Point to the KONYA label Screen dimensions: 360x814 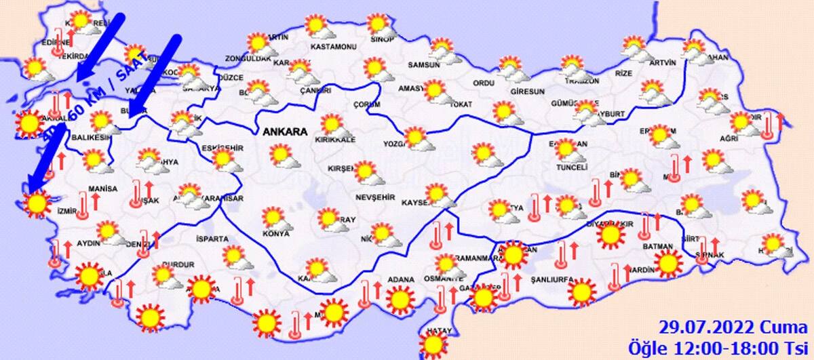point(275,235)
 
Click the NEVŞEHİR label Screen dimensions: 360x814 point(370,197)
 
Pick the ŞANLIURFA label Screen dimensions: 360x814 point(552,279)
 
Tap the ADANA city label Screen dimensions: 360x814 point(401,279)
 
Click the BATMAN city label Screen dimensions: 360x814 point(659,245)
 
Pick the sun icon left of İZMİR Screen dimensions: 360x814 point(36,203)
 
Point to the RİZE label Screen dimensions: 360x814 point(622,73)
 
